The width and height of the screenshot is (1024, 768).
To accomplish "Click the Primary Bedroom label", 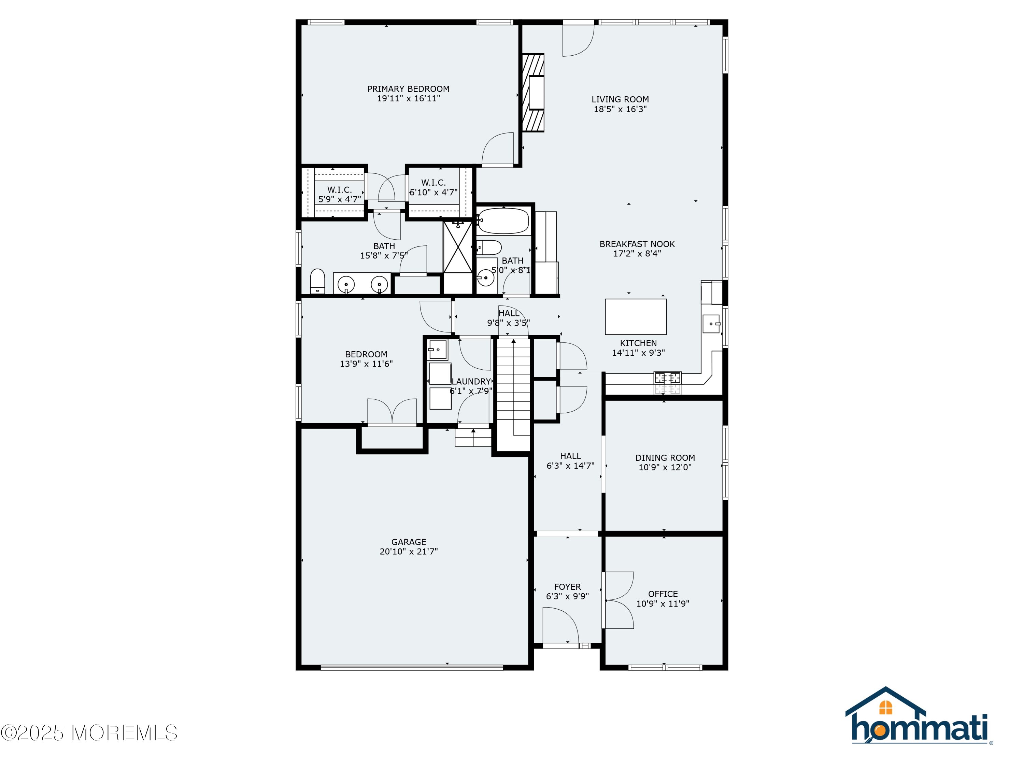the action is [x=408, y=89].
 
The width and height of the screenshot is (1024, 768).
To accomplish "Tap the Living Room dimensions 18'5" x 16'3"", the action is [x=620, y=109].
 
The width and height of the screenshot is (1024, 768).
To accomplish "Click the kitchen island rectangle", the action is [x=636, y=317].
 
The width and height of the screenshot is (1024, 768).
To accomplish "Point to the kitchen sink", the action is [x=712, y=324].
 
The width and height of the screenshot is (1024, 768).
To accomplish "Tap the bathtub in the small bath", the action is [x=503, y=221].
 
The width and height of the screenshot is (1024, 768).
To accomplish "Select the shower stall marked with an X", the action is [x=458, y=247].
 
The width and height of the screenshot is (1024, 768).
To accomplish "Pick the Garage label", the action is [x=409, y=542].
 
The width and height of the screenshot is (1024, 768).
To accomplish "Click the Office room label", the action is [x=663, y=594].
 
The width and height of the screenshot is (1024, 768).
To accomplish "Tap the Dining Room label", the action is [x=665, y=458].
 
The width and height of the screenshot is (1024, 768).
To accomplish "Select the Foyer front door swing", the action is [x=560, y=625].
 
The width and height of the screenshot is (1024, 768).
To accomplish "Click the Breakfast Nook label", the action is [x=637, y=244].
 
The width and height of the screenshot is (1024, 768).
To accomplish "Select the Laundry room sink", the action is [x=438, y=350].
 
